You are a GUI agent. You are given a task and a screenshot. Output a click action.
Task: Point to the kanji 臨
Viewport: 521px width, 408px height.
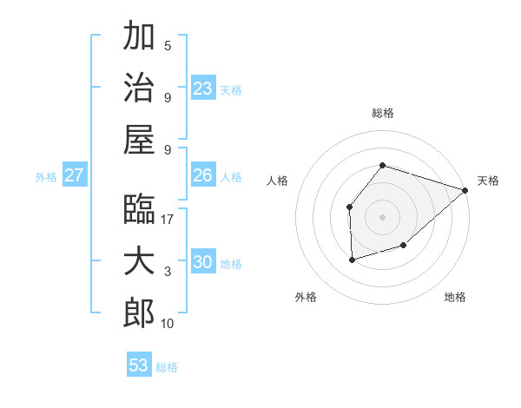tap(139, 208)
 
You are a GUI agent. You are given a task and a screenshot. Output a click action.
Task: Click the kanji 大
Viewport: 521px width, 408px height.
tap(139, 261)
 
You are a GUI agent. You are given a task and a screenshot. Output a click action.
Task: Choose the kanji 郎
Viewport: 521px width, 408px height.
tap(139, 313)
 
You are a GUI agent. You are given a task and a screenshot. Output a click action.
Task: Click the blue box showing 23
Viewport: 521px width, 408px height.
tap(203, 89)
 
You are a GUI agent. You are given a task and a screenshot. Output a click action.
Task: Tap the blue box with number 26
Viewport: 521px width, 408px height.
tap(203, 175)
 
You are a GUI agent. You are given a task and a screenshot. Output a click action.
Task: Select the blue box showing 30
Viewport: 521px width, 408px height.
tap(203, 263)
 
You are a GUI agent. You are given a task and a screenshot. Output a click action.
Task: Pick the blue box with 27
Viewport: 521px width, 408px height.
tap(74, 175)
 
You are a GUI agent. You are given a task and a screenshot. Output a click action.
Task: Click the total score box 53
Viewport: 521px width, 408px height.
tap(139, 365)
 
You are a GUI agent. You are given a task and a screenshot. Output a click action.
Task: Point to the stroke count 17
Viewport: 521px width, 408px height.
tap(168, 219)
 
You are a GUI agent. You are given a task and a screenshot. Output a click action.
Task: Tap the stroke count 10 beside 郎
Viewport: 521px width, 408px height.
tap(168, 324)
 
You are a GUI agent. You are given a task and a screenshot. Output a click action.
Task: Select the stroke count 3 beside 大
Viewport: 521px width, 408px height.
tap(168, 272)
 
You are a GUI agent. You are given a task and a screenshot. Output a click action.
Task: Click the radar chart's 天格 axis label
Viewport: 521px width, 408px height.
tap(488, 181)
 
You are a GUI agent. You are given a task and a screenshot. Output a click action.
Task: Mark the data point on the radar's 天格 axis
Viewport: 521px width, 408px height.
tap(465, 190)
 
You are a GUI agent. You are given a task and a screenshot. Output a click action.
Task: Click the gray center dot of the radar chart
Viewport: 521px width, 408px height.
tap(382, 216)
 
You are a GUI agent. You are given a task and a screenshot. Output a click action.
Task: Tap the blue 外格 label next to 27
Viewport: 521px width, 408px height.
tap(46, 177)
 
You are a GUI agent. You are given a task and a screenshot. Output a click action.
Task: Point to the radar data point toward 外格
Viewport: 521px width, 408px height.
tap(352, 260)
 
